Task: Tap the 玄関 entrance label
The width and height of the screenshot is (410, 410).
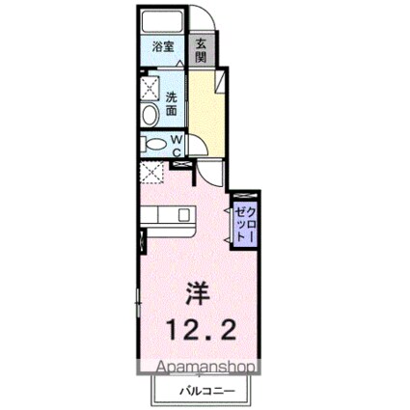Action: click(200, 47)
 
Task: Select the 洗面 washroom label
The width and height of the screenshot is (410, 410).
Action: click(170, 103)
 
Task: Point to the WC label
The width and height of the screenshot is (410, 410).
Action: click(178, 144)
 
